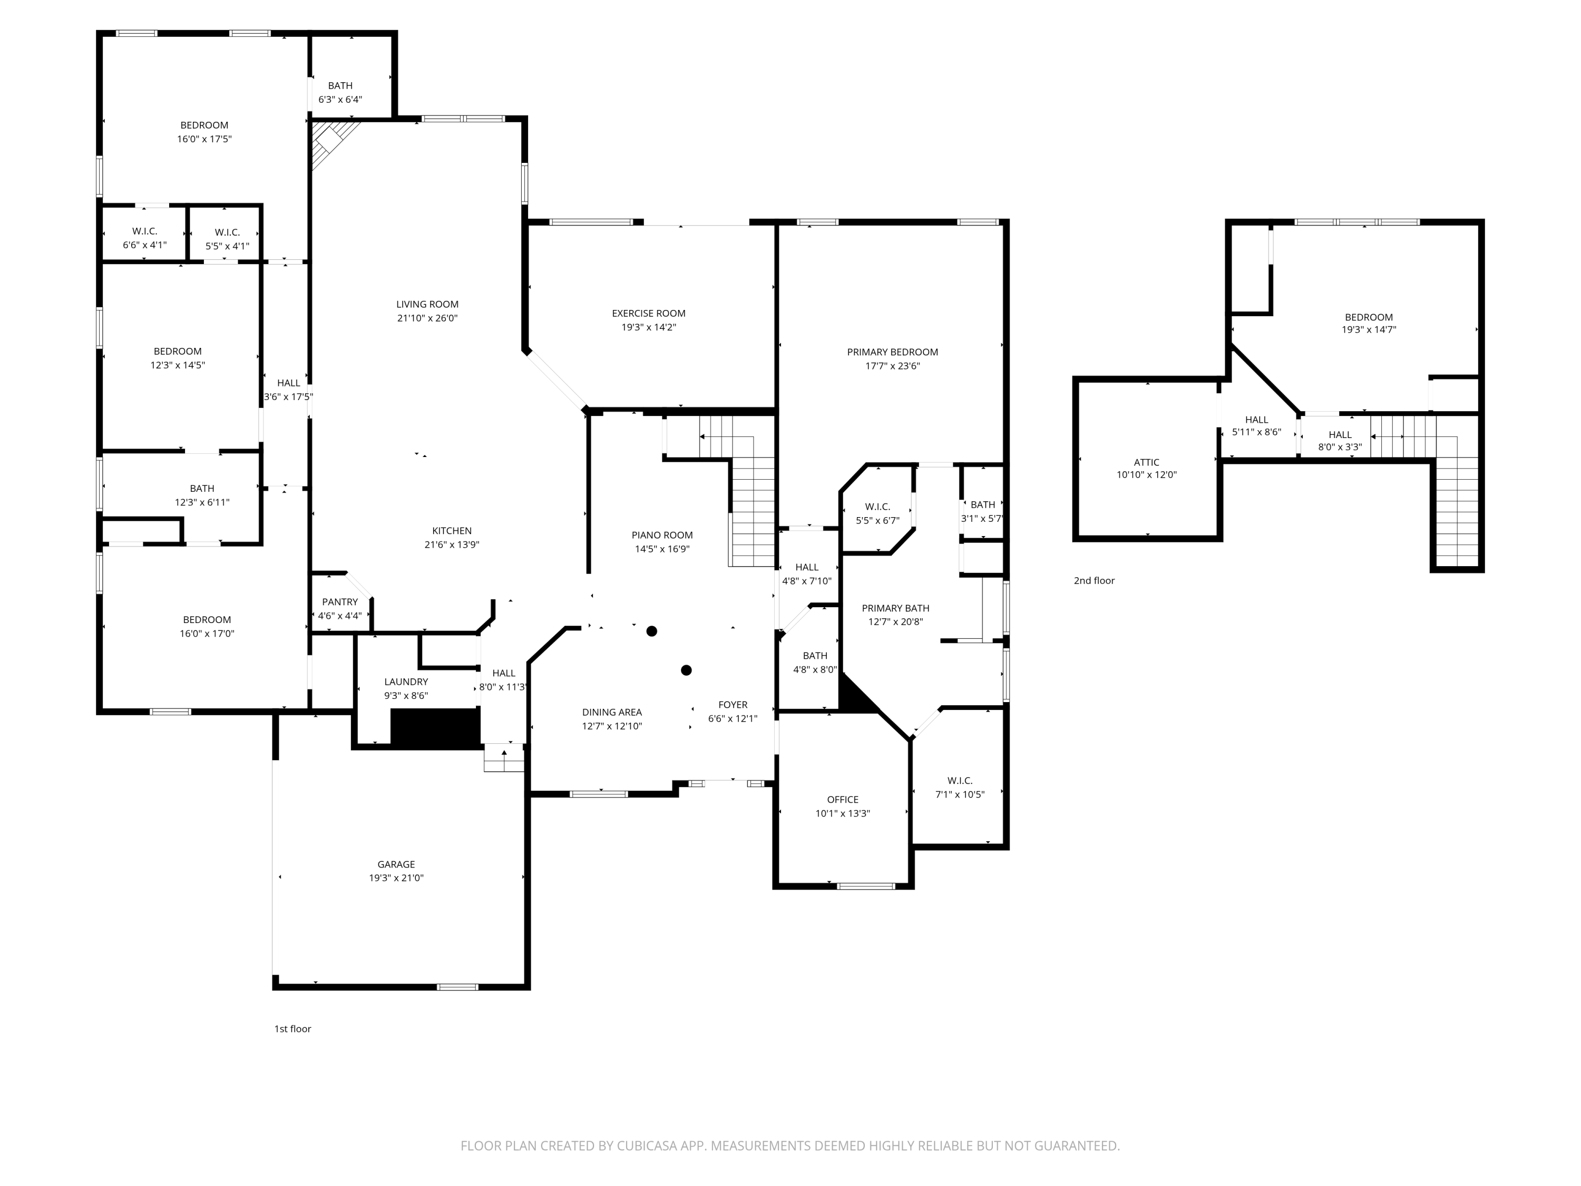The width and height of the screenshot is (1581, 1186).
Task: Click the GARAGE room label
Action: click(x=396, y=864)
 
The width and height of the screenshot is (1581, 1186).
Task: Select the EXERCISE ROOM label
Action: click(x=648, y=313)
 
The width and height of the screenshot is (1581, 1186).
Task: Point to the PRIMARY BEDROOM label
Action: click(x=892, y=352)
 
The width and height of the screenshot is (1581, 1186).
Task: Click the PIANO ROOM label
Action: click(x=662, y=534)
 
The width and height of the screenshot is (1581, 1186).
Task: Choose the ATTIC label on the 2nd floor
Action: click(x=1146, y=462)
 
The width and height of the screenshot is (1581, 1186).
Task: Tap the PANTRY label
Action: click(x=339, y=602)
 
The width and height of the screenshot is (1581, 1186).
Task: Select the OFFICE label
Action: click(x=843, y=799)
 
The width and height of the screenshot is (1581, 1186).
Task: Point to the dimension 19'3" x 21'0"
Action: click(x=396, y=878)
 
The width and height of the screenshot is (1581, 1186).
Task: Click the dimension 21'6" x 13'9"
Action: click(x=452, y=545)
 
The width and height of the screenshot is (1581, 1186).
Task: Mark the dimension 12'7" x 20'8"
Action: click(x=895, y=622)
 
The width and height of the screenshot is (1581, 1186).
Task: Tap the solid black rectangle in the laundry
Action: click(x=435, y=728)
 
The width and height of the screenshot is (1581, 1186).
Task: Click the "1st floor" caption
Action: click(x=292, y=1029)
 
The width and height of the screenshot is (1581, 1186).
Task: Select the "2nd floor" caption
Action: click(x=1094, y=580)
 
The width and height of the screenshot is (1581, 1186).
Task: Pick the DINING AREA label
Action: click(x=612, y=712)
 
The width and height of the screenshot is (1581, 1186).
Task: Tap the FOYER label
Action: click(x=733, y=705)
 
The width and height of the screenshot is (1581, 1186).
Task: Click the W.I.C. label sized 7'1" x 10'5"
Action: click(x=959, y=781)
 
